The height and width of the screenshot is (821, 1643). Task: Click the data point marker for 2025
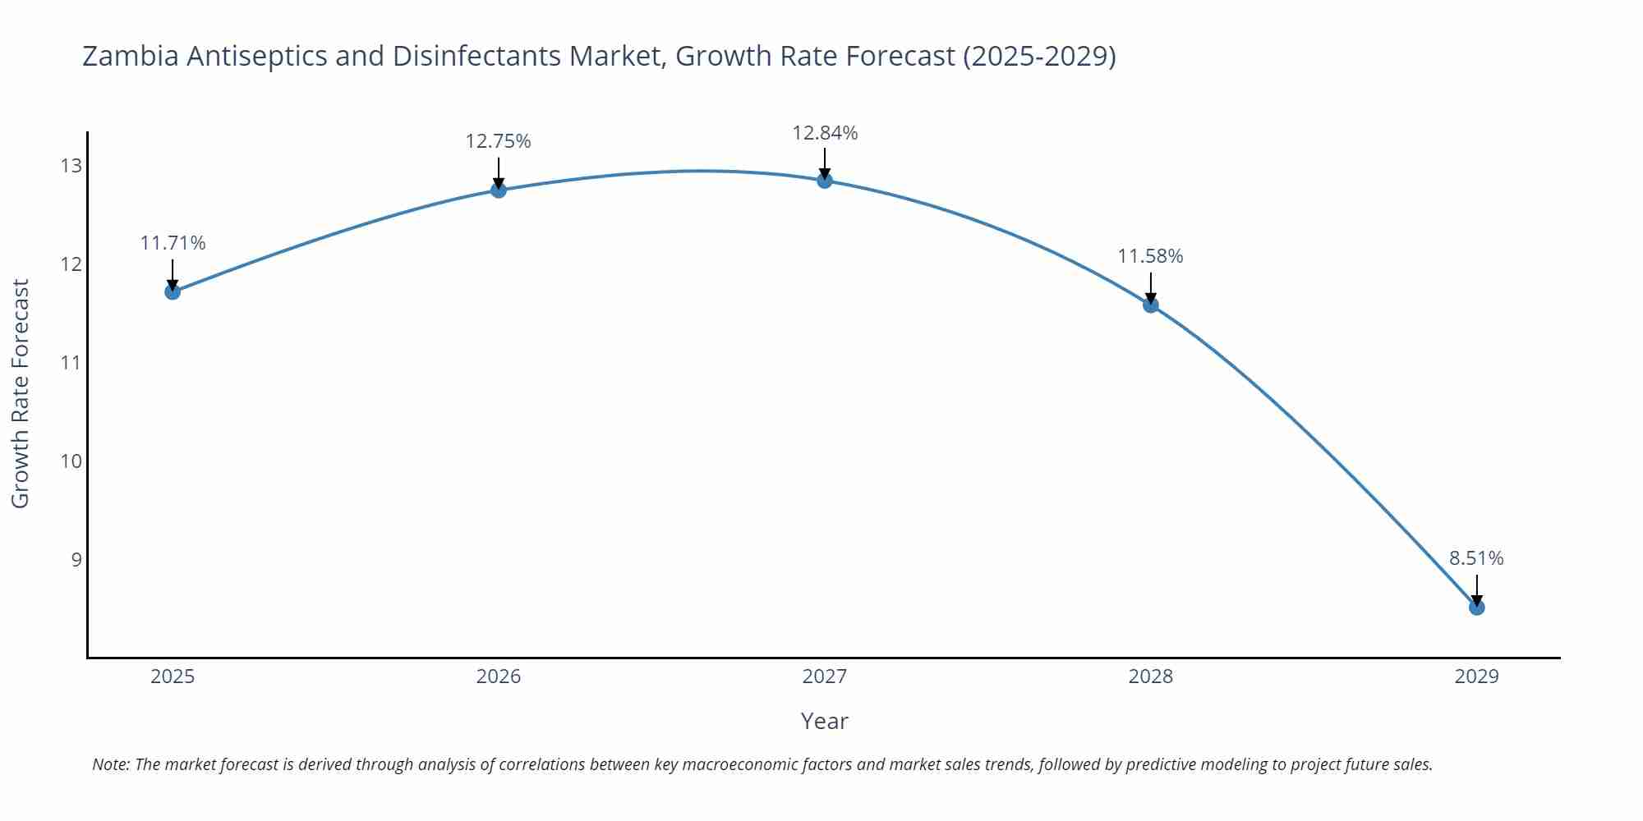tap(173, 291)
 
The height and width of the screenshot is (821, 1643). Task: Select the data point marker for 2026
tap(499, 190)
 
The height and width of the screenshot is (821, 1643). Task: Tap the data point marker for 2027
tap(825, 181)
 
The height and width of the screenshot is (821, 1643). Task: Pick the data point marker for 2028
tap(1151, 305)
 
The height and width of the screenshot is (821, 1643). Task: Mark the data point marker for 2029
tap(1476, 608)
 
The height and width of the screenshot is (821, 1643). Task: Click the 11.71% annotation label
tap(173, 243)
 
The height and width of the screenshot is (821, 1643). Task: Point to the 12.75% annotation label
tap(498, 141)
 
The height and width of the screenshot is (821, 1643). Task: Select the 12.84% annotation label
tap(825, 133)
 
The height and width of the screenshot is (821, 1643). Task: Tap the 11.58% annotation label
tap(1150, 256)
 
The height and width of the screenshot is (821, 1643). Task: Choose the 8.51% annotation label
tap(1476, 558)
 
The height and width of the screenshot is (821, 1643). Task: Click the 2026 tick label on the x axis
tap(499, 677)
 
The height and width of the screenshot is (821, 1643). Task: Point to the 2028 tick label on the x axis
tap(1151, 677)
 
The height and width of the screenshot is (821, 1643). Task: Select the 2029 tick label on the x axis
tap(1476, 677)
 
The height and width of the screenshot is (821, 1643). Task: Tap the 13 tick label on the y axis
tap(71, 166)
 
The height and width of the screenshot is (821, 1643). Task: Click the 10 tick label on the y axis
tap(71, 461)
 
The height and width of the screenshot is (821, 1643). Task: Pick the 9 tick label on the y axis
tap(76, 560)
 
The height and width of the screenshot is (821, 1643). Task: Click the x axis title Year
tap(824, 722)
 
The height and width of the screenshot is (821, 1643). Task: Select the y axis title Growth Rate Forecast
tap(21, 393)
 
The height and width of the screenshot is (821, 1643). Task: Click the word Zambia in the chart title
tap(131, 56)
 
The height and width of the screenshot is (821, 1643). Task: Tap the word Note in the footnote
tap(110, 764)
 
